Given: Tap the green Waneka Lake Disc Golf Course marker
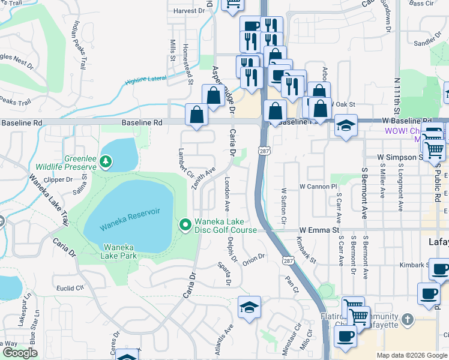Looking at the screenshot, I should pos(185,225).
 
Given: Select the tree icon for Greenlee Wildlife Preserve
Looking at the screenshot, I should pos(106,161).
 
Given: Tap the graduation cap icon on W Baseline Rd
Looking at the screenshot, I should pos(346,127).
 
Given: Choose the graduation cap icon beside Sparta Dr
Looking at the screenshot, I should pos(249,307).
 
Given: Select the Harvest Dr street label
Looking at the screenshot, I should pos(185,11).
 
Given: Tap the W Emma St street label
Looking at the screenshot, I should pos(319,230).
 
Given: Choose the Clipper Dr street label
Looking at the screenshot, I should pos(58,179).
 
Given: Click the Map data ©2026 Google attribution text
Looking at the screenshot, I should pos(412,355).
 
